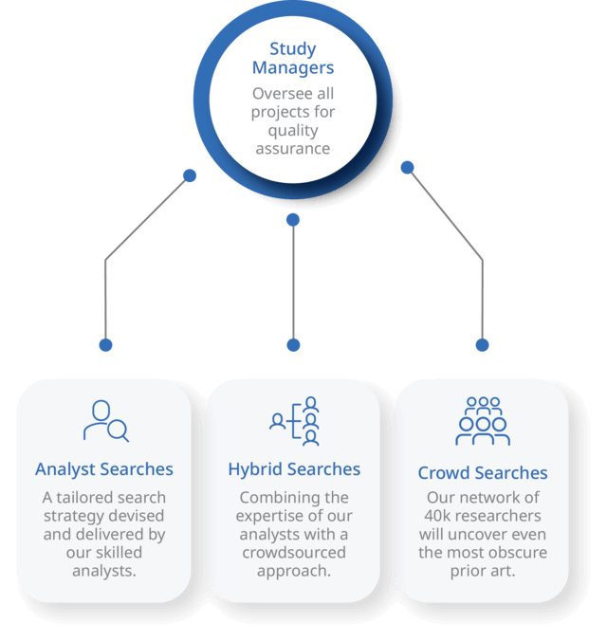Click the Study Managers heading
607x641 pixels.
tap(292, 58)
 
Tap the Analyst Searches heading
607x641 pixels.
tap(104, 469)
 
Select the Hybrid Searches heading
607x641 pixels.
tap(294, 469)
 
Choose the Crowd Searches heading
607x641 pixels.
tap(483, 472)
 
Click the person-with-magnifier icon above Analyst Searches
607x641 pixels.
tap(105, 421)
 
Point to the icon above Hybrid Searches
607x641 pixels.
tap(294, 421)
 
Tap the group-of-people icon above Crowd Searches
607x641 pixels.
tap(483, 421)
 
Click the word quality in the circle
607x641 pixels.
tap(293, 131)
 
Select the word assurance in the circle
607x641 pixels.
tap(292, 149)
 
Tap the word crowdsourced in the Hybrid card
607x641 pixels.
tap(294, 552)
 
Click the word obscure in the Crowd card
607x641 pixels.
tap(518, 552)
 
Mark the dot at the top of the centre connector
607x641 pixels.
tap(293, 220)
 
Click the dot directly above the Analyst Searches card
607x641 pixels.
tap(105, 345)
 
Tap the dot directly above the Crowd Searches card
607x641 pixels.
tap(482, 345)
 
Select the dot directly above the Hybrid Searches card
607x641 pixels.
tap(293, 345)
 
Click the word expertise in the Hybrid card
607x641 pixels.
tap(274, 516)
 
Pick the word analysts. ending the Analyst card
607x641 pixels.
tap(104, 570)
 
